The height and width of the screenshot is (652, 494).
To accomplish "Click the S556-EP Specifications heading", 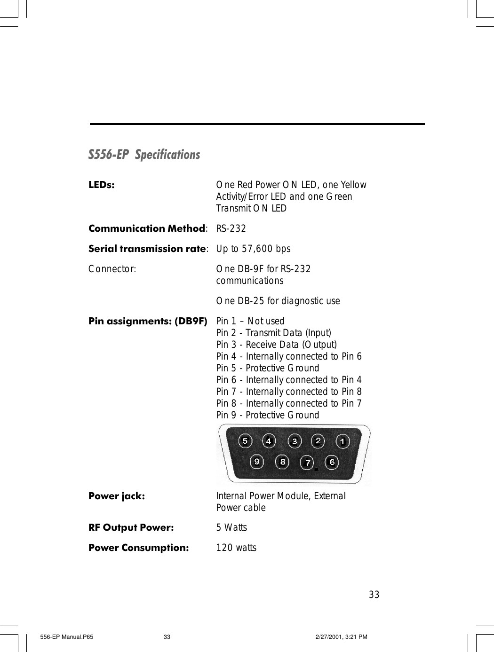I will click(144, 155).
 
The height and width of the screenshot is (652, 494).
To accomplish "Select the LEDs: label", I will click(101, 185).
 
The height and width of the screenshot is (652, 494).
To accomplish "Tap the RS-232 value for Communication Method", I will click(231, 228).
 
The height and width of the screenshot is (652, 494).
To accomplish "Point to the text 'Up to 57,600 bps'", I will click(253, 249).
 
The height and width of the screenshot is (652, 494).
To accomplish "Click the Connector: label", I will click(112, 269).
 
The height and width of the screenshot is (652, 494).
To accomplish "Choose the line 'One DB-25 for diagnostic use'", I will click(278, 301).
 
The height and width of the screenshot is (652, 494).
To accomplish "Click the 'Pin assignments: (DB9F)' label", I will click(148, 321).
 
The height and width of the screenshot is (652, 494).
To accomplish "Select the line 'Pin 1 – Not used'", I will click(250, 321).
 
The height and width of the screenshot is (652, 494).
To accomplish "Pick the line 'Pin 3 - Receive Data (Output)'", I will click(276, 345).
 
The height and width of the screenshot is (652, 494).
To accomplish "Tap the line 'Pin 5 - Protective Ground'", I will click(267, 368).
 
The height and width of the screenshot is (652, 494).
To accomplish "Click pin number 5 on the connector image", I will click(245, 441).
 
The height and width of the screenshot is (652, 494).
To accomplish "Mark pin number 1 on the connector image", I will click(343, 441).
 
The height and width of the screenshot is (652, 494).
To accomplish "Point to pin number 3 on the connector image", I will click(295, 441).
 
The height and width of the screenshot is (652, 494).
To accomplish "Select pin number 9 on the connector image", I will click(257, 462).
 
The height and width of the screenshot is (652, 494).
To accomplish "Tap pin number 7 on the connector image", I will click(307, 463).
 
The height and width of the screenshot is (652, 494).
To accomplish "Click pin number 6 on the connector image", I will click(332, 462).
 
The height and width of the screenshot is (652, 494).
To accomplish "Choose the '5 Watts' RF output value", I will click(231, 527).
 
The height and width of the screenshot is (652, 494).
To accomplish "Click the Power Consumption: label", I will click(138, 548).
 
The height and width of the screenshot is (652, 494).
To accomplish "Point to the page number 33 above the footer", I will click(374, 595).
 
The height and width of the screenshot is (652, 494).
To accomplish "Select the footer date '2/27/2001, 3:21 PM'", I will click(341, 637).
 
